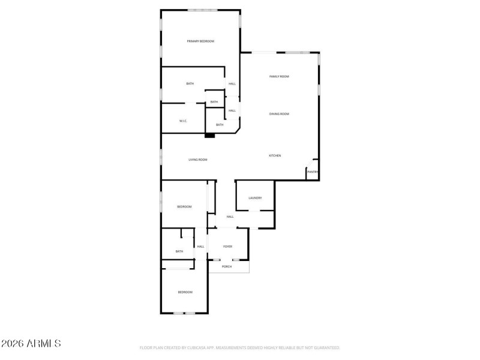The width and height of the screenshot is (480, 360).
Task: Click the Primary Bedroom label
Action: tap(200, 41)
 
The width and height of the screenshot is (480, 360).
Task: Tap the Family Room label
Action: tap(280, 77)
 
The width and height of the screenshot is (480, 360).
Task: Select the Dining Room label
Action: tap(280, 114)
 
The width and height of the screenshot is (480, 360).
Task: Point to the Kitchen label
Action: tap(275, 156)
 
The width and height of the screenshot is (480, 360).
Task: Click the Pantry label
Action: tap(312, 172)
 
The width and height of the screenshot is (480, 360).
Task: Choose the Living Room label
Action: tap(198, 160)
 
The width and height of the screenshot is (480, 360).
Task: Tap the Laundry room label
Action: tap(255, 198)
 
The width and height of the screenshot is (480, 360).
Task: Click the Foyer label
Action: tap(228, 247)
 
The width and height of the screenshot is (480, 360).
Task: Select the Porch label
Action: tap(227, 266)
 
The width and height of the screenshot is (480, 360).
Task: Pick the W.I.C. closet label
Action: tap(184, 121)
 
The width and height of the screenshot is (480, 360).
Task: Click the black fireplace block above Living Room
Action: tap(209, 136)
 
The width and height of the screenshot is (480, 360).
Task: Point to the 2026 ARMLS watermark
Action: tap(31, 344)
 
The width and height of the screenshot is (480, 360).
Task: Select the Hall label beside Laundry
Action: tap(230, 217)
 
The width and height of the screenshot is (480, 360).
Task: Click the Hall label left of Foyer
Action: tap(201, 247)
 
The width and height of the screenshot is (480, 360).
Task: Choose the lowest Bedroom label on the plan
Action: tap(185, 292)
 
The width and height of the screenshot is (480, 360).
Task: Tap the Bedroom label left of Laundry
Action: tap(184, 207)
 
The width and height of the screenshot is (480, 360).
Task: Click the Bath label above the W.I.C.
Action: tap(190, 84)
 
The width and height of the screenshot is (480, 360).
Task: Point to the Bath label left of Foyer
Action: tap(179, 251)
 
